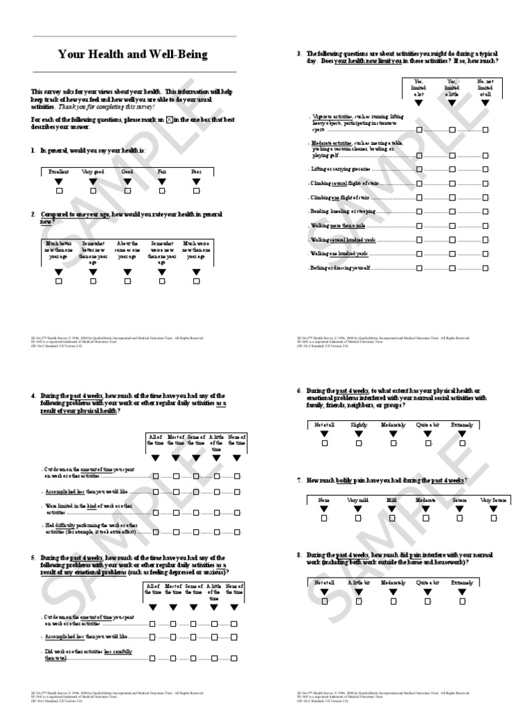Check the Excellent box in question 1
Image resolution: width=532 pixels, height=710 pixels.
[x=59, y=191]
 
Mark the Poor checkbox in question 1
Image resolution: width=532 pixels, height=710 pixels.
[x=197, y=191]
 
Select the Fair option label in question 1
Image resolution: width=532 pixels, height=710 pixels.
[x=162, y=171]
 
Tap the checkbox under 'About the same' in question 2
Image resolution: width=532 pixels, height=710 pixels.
[x=127, y=282]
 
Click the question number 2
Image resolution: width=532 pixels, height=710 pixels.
[x=33, y=215]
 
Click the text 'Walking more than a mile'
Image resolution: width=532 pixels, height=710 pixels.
[x=338, y=226]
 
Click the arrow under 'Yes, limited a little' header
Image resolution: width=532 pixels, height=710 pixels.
[x=452, y=103]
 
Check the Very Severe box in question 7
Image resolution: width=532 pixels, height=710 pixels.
[x=494, y=517]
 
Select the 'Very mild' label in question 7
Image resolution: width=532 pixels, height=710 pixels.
[x=358, y=499]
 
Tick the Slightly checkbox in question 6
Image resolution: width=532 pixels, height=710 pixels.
[x=358, y=442]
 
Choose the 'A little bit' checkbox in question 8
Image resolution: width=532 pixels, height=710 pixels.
[x=358, y=601]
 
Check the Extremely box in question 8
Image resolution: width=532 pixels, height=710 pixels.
[x=463, y=601]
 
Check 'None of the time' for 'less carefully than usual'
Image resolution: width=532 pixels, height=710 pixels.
[x=236, y=655]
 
